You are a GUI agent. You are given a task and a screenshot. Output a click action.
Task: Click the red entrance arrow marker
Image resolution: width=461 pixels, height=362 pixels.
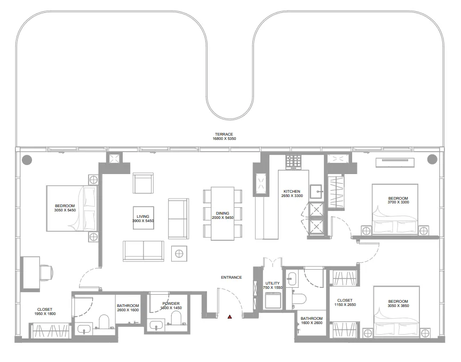tap(230, 317)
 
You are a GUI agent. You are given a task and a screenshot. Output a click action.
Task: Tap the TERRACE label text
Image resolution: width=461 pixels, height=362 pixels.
tap(224, 135)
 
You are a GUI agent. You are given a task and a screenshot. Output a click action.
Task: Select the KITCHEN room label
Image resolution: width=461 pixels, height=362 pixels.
tap(292, 191)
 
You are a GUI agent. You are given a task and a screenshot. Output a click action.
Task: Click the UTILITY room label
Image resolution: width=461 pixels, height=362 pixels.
tap(272, 283)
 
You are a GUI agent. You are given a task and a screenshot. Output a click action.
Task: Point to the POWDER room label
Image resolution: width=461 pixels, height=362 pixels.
tap(171, 303)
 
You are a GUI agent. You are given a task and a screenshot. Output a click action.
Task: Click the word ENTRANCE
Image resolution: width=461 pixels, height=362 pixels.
tap(232, 277)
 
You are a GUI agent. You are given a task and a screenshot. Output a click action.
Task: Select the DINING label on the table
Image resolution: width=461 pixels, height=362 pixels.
tap(223, 214)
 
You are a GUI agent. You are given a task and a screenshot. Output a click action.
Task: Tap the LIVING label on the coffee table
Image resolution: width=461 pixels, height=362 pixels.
tap(142, 216)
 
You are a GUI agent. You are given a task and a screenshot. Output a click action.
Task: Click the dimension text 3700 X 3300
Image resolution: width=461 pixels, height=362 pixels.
tap(398, 203)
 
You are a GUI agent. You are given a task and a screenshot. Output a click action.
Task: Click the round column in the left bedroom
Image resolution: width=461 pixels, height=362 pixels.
tap(26, 159)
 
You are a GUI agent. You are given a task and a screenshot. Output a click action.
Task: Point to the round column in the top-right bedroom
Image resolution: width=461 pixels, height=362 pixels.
tap(432, 159)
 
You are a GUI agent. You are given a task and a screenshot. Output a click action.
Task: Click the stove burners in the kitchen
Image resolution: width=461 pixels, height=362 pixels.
tap(293, 161)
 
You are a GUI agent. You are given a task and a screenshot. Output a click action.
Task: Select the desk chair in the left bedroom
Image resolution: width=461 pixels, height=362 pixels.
tap(46, 272)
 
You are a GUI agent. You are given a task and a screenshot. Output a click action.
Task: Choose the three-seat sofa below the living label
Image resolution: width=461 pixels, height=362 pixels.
tap(144, 250)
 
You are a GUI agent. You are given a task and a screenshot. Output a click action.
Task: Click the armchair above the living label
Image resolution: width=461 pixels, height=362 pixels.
tap(144, 183)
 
